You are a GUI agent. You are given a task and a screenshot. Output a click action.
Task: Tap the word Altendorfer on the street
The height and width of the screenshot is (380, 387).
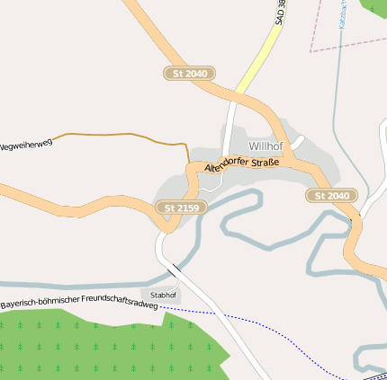(x=229, y=164)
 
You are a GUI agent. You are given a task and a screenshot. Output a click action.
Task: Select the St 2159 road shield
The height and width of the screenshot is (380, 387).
(x=181, y=208)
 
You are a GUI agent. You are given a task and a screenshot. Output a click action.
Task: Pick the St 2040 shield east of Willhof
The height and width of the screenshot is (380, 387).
(x=331, y=195)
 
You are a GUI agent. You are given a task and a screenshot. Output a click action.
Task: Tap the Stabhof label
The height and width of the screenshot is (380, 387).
(x=163, y=295)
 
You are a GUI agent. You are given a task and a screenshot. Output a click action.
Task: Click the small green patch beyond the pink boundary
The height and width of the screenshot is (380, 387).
(x=375, y=6)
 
